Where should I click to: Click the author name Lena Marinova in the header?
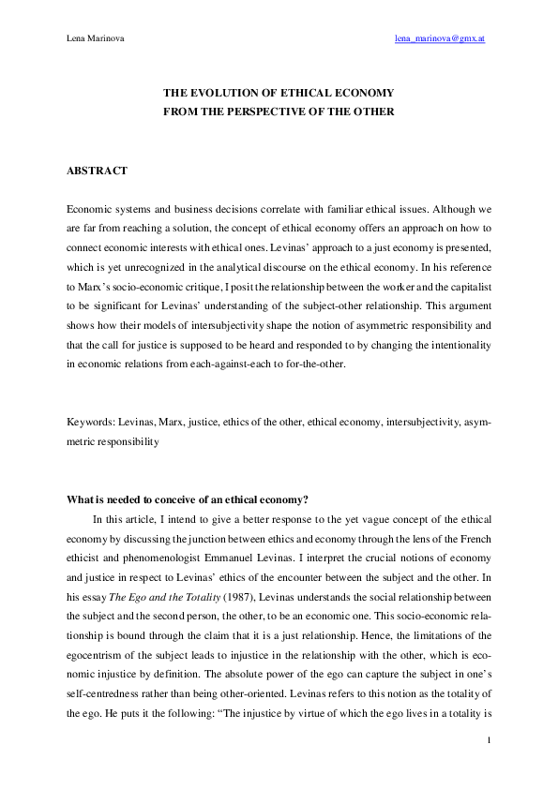95,39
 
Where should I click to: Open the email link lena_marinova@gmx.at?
439,39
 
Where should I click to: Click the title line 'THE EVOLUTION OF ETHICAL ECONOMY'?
279,94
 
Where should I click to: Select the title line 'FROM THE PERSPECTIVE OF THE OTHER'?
279,112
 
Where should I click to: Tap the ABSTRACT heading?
98,171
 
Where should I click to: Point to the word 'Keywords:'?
91,424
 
